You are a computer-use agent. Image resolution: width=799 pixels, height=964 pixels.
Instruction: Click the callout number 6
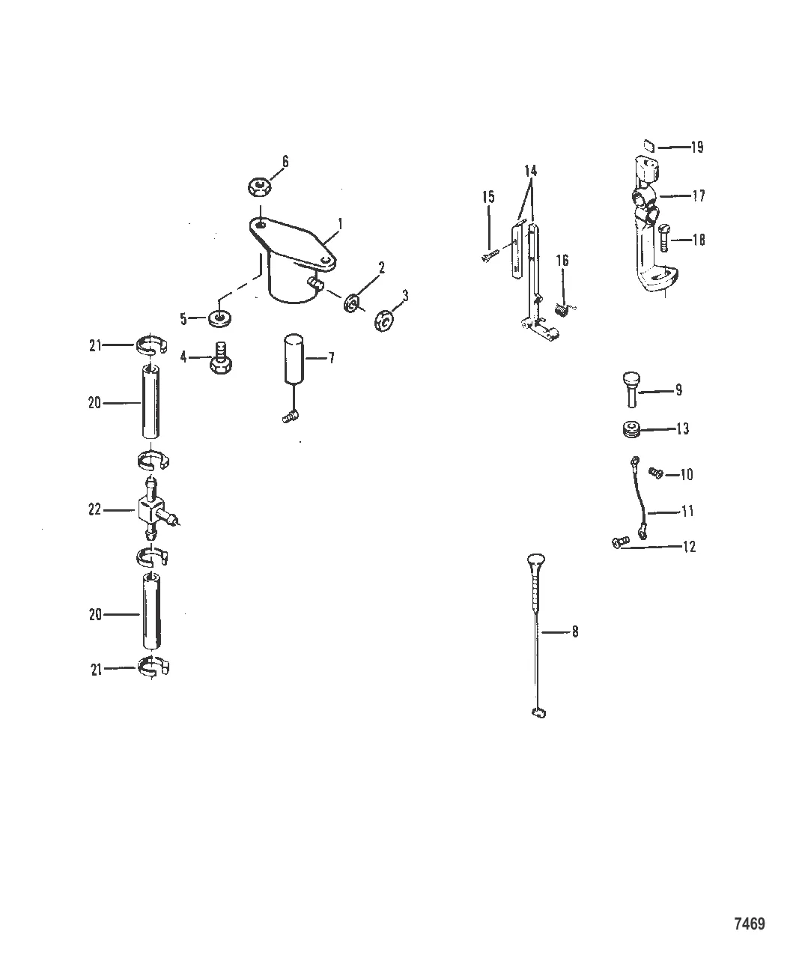pyautogui.click(x=285, y=162)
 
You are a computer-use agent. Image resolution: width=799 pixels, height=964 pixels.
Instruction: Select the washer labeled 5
pyautogui.click(x=219, y=318)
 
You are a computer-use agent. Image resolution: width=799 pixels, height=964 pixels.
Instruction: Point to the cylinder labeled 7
pyautogui.click(x=294, y=359)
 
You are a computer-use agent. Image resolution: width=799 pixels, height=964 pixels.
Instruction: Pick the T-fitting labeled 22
pyautogui.click(x=156, y=509)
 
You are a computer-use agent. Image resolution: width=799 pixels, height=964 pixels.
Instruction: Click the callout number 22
pyautogui.click(x=94, y=509)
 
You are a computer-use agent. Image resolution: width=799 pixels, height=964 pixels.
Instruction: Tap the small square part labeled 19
pyautogui.click(x=649, y=146)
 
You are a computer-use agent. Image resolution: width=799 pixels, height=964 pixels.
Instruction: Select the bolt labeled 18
pyautogui.click(x=663, y=237)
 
